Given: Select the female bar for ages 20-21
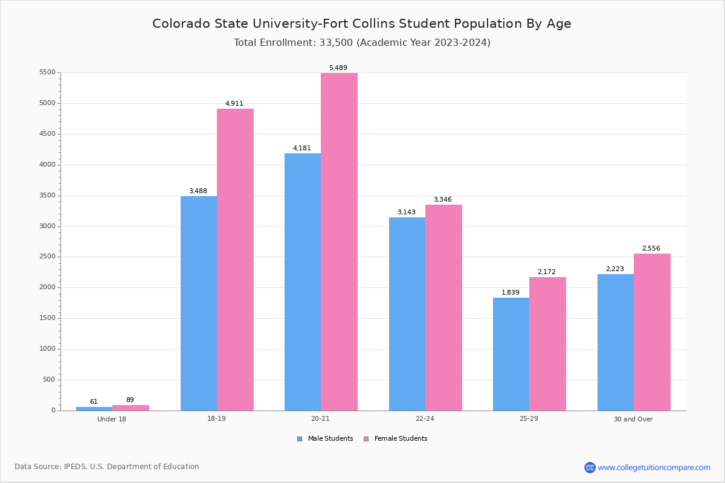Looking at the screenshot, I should tap(339, 241).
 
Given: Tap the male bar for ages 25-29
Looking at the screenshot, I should tap(511, 354).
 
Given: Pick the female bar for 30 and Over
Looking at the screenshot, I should tap(652, 332).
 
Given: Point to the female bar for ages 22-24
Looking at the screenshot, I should tap(443, 307).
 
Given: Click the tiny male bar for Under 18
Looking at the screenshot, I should tap(94, 409).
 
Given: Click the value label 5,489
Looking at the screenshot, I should tap(338, 68).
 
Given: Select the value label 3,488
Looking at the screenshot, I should tap(198, 191).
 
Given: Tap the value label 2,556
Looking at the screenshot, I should tap(651, 249).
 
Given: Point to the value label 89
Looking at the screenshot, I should tap(130, 400).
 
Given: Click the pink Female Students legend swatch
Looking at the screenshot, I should tap(366, 439).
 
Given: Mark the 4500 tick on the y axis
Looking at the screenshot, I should tap(48, 134).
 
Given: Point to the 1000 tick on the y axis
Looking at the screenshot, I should tap(48, 349).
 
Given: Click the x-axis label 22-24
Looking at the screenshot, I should tap(425, 419).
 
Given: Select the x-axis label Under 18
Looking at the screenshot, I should tap(112, 419).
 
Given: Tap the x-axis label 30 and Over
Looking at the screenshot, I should tap(633, 419).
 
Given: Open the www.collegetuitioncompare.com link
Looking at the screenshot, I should tap(654, 467).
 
